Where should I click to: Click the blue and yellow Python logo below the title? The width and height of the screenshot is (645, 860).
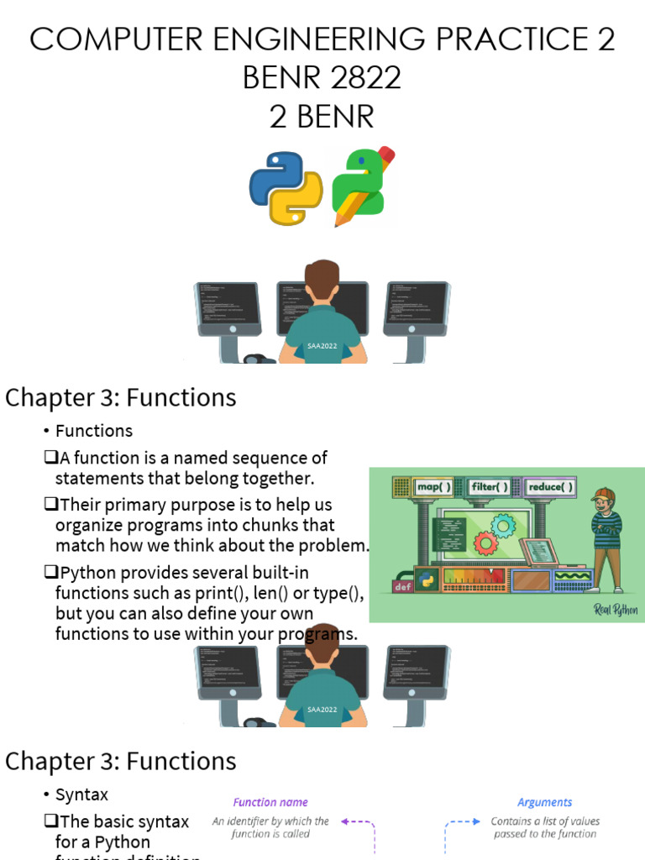tap(286, 188)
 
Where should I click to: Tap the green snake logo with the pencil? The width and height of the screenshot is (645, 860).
tap(359, 186)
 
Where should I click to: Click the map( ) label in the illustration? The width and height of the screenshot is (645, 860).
tap(434, 487)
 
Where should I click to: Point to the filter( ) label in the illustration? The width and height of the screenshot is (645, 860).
tap(491, 487)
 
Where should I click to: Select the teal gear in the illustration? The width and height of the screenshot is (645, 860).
tap(503, 526)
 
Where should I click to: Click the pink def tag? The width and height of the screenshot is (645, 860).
tap(402, 586)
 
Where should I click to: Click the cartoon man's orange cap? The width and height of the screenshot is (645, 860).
tap(604, 495)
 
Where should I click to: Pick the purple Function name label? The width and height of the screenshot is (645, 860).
tap(270, 802)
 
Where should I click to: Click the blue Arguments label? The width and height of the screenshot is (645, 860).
tap(544, 802)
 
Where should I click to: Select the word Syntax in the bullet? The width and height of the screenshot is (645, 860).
tap(81, 794)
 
